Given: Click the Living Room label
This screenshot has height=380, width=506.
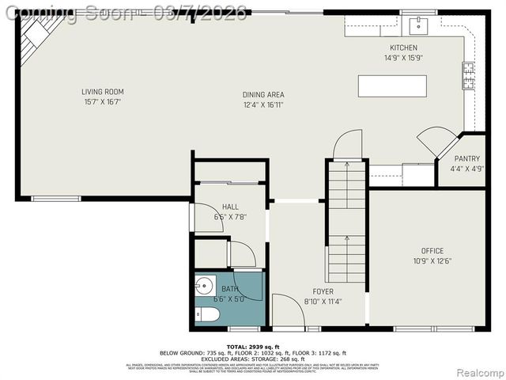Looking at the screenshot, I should [103, 92].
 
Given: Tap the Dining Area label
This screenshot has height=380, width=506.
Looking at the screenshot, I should [263, 95].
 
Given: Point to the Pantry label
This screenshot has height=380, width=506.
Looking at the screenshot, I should [466, 158].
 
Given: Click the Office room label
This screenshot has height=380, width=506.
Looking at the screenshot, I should [432, 251].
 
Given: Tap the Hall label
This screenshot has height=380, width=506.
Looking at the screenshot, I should [208, 207].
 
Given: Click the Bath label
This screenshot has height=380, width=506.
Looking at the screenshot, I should [229, 289].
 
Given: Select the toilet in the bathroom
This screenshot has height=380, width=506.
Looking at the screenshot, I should [208, 316].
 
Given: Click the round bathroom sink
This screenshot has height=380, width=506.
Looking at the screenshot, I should [205, 285].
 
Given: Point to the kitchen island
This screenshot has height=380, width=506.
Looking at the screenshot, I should [391, 84].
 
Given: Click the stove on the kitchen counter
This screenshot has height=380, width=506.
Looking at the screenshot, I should [468, 75].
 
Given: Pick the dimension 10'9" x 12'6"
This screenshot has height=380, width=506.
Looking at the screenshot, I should [432, 261].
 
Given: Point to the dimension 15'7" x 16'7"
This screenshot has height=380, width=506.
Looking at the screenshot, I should [103, 102].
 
